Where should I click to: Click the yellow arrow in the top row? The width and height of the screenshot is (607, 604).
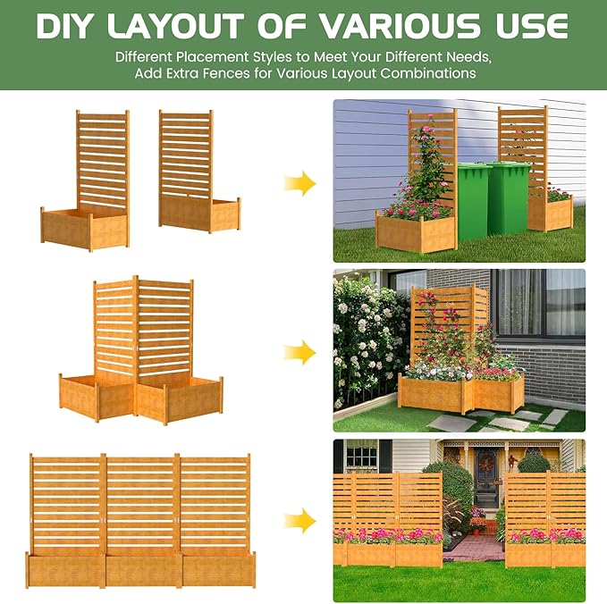coord(300,185)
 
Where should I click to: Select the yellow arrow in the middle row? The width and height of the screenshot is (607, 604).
coord(300,352)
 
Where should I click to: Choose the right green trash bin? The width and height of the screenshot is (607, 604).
coord(508,197)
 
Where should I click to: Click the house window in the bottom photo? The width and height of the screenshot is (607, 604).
coord(361,456)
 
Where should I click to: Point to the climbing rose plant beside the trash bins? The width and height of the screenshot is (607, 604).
coord(427,174)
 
